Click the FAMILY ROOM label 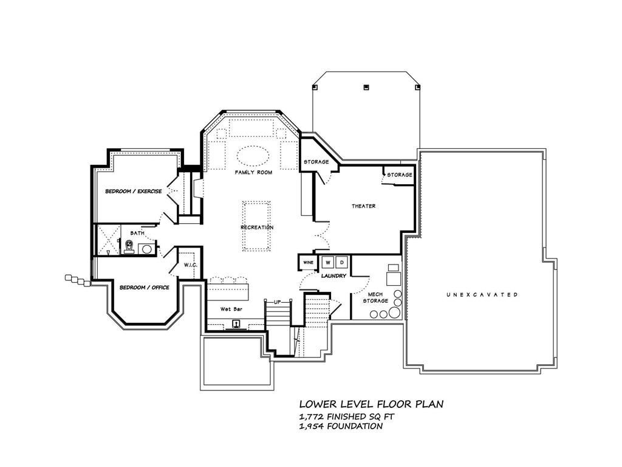253,173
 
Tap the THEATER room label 363,206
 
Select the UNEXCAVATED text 482,295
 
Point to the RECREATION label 256,227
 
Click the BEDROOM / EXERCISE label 133,192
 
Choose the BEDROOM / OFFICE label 144,288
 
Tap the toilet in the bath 129,246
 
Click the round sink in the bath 146,248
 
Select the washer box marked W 328,262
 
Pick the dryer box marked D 341,262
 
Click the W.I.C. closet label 185,265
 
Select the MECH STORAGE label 375,297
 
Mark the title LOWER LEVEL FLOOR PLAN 371,404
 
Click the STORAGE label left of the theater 316,162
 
